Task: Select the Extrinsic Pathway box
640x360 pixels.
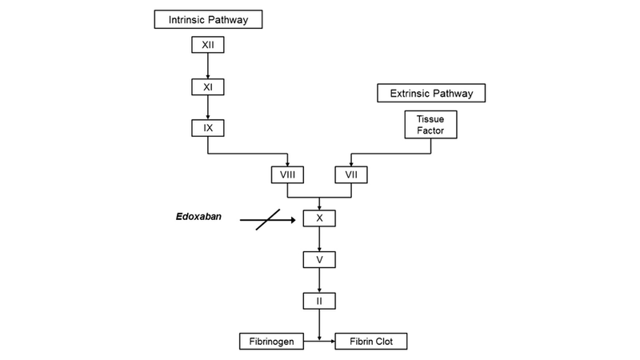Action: (x=431, y=94)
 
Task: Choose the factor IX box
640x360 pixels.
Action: (x=208, y=126)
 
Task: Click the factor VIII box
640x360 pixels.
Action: (x=288, y=174)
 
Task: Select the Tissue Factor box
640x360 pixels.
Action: (x=431, y=126)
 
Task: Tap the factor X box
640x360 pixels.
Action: (x=319, y=217)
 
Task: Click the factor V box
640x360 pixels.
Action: (x=319, y=259)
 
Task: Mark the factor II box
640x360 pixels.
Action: (x=319, y=301)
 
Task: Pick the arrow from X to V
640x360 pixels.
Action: (x=319, y=238)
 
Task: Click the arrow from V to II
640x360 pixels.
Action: (x=319, y=280)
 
